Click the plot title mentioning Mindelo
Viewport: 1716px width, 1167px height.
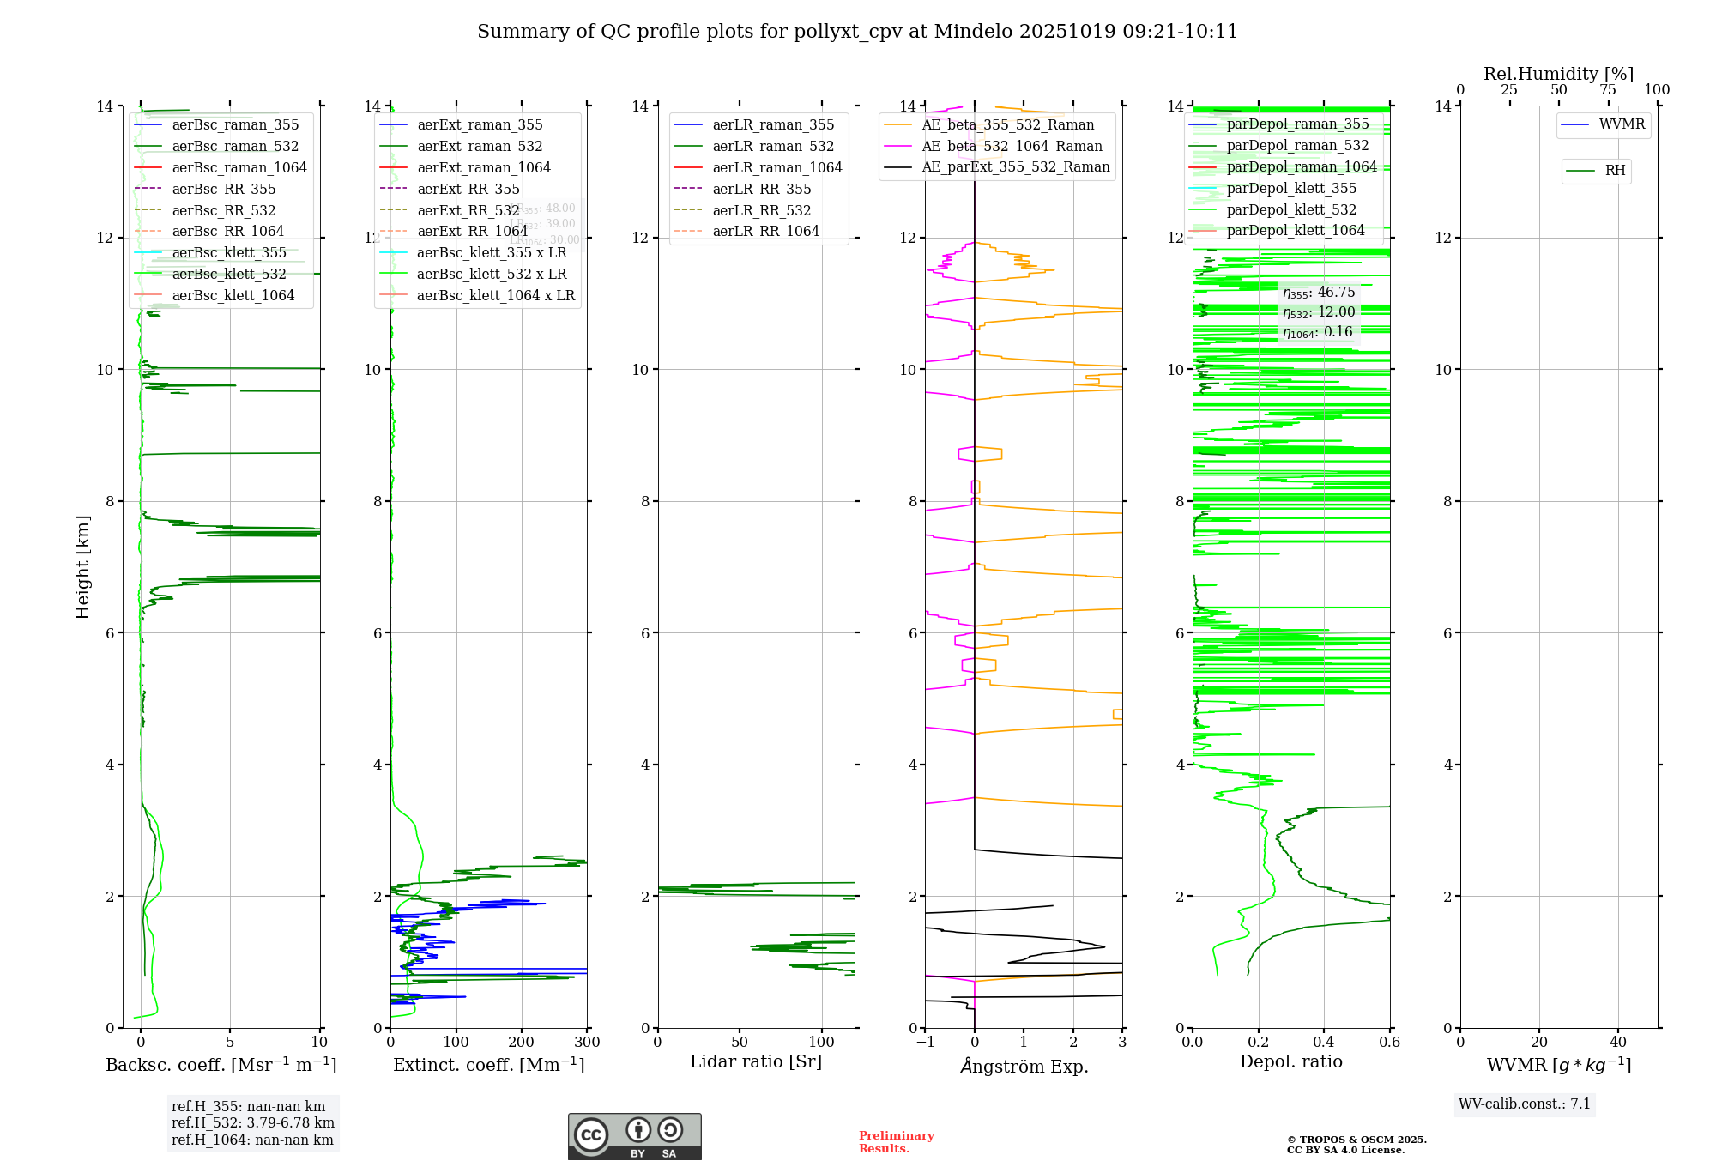pos(857,32)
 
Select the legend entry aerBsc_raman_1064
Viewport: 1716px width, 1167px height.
pos(239,167)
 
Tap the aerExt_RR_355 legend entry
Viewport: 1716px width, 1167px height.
pos(468,189)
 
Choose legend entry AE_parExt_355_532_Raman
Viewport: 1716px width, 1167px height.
pos(1015,166)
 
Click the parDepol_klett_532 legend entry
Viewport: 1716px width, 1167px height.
pos(1291,209)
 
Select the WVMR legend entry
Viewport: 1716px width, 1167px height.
pos(1622,124)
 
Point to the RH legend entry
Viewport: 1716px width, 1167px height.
pos(1615,171)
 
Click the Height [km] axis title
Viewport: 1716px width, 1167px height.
pos(82,567)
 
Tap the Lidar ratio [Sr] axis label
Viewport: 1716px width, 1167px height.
pos(756,1062)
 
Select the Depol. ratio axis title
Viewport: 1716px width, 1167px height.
pos(1290,1062)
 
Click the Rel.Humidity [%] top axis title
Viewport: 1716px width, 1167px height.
pos(1558,74)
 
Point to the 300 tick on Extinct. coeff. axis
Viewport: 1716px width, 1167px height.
pos(587,1043)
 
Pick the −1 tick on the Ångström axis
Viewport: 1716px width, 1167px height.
pos(925,1043)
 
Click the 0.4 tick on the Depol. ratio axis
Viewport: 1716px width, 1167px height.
pos(1324,1043)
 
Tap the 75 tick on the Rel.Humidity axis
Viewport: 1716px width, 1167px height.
pos(1608,90)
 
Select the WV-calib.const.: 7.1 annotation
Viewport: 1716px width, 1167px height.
pos(1525,1104)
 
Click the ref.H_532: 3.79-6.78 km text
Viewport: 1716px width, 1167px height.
pos(252,1123)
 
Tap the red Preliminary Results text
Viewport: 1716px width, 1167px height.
pos(896,1142)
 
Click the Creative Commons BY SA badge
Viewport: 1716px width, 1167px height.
pos(634,1137)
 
